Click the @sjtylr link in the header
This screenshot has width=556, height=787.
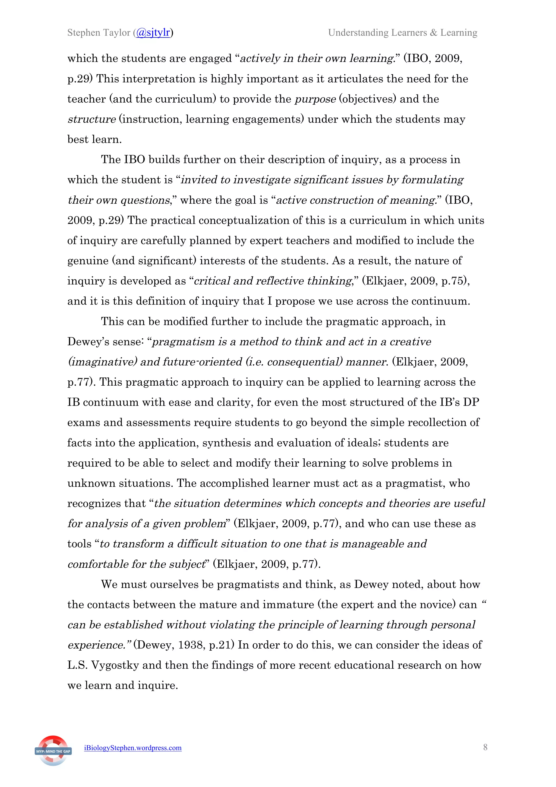click(153, 33)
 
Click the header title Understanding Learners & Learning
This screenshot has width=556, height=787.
click(403, 33)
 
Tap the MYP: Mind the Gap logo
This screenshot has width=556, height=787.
click(53, 751)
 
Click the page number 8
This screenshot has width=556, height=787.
click(485, 747)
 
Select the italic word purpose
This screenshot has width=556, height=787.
click(315, 99)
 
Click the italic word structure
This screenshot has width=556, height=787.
click(91, 119)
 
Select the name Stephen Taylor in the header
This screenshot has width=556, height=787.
click(99, 33)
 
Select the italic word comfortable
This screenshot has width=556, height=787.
click(98, 564)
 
